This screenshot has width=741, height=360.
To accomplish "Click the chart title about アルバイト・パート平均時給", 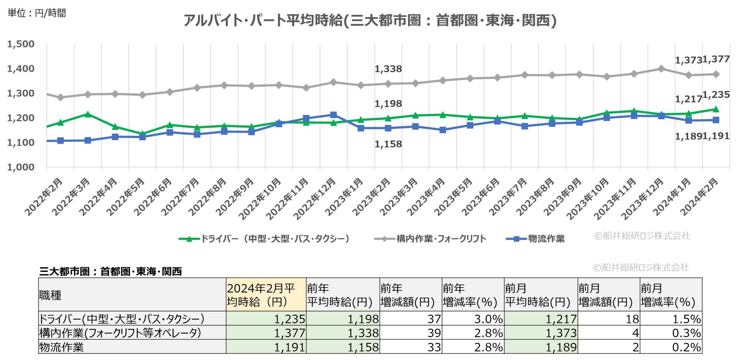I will click(x=370, y=20).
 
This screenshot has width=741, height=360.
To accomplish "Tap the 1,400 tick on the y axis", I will click(x=21, y=69).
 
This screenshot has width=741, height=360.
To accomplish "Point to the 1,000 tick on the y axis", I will click(x=21, y=167).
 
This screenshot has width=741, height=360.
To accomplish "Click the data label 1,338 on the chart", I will click(x=388, y=69).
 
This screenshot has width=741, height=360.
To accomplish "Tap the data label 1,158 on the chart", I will click(x=388, y=144).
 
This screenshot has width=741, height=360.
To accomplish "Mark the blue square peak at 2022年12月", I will click(x=333, y=115).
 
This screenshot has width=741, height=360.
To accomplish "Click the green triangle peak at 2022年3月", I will click(x=88, y=114).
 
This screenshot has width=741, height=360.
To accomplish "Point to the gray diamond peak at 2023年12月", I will click(x=661, y=69).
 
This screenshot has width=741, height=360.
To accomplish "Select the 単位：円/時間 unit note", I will click(x=37, y=13).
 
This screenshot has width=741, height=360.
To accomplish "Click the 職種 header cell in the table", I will click(x=50, y=295).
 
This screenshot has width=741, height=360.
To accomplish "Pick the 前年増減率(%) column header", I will click(x=470, y=295).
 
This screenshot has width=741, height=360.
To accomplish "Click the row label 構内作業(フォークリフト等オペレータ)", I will click(x=120, y=333).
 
